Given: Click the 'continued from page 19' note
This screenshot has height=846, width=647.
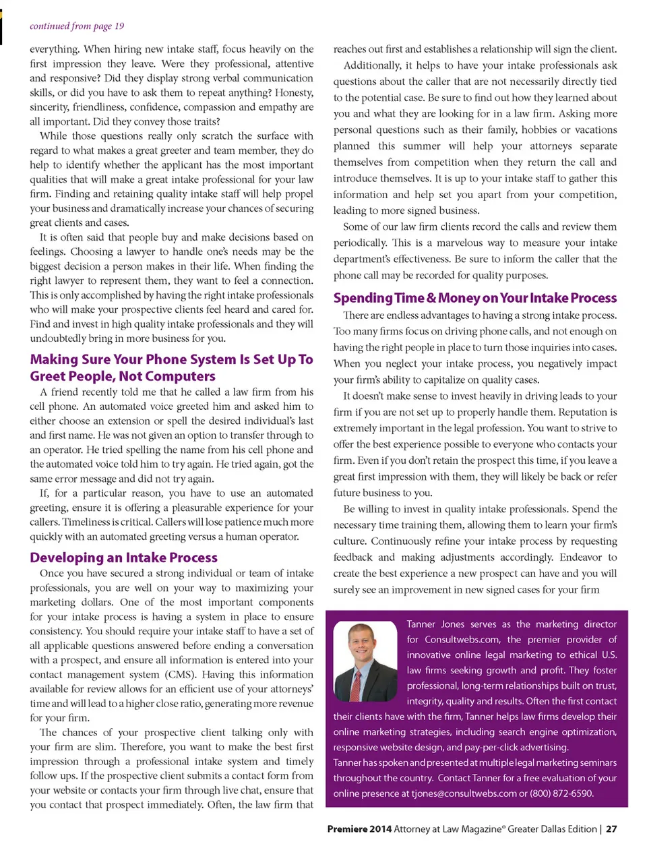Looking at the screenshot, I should point(77,26).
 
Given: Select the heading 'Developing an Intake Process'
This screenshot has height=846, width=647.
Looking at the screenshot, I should point(123,557).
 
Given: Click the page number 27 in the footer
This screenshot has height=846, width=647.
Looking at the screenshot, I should point(611,829).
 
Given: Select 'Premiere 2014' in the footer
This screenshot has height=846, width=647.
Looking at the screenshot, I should point(359,829).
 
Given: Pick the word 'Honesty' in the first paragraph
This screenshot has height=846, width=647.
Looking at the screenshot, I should point(294,92).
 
